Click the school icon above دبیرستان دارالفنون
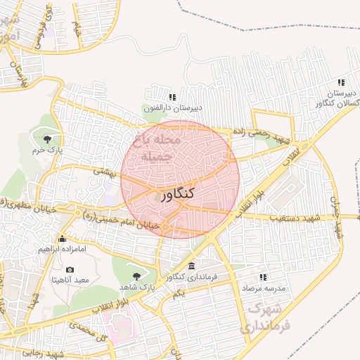point(172,97)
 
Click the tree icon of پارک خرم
point(48,139)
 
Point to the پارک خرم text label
point(49,150)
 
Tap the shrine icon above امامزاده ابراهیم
point(63,238)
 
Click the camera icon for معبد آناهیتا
point(69,270)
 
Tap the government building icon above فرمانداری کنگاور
point(192,266)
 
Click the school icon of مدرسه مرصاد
point(264,278)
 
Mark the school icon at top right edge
point(341,82)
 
